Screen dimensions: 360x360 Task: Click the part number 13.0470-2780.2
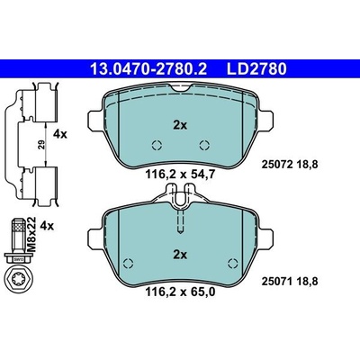pos(148,69)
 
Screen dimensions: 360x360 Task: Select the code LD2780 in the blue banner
pos(256,69)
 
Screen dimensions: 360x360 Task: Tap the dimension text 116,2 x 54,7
pos(180,175)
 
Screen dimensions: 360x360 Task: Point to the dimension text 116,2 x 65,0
pos(180,292)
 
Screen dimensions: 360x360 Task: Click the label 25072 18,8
pos(290,165)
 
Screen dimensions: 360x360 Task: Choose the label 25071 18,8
pos(290,282)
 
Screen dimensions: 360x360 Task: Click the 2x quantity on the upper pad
pos(180,125)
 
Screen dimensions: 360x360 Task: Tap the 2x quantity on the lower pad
pos(180,255)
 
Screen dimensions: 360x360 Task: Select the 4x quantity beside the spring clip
pos(60,134)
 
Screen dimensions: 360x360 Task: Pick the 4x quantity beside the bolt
pos(47,226)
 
